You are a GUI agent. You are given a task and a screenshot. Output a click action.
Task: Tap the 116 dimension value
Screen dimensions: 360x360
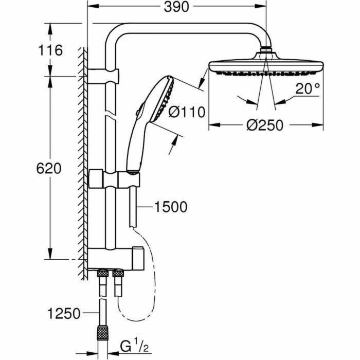(x=50, y=51)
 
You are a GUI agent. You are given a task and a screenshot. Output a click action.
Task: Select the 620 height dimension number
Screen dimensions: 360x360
(x=50, y=169)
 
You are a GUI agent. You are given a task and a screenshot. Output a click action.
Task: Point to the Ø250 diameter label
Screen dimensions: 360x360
(x=264, y=125)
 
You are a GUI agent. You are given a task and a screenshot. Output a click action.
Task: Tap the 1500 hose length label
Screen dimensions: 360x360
(x=170, y=207)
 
